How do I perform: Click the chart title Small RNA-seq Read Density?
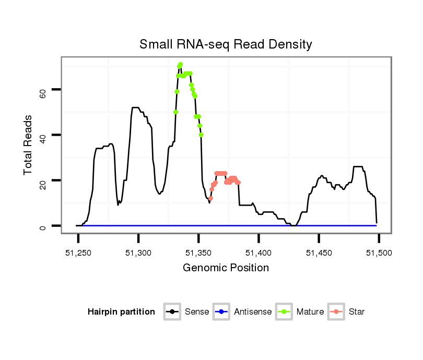pos(226,44)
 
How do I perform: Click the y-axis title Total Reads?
pos(29,145)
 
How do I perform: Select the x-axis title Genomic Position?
pos(226,268)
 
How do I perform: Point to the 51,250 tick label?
pos(78,253)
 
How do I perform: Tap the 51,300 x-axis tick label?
pos(138,253)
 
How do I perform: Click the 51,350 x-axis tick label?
pos(198,253)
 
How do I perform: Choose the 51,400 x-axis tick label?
pos(258,253)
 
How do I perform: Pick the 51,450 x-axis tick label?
pos(319,253)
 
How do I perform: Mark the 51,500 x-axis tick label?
pos(379,253)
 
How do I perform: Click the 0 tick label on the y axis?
pos(44,226)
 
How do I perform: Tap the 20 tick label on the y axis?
pos(44,181)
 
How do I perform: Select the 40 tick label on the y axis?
pos(44,135)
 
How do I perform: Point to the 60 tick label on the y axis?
pos(44,90)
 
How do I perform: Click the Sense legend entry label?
pos(197,312)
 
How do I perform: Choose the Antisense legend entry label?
pos(253,312)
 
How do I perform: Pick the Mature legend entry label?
pos(310,312)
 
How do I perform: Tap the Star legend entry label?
pos(357,312)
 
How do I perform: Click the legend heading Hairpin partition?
pos(121,312)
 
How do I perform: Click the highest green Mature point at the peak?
pos(180,65)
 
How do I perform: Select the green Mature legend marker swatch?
pos(286,312)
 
